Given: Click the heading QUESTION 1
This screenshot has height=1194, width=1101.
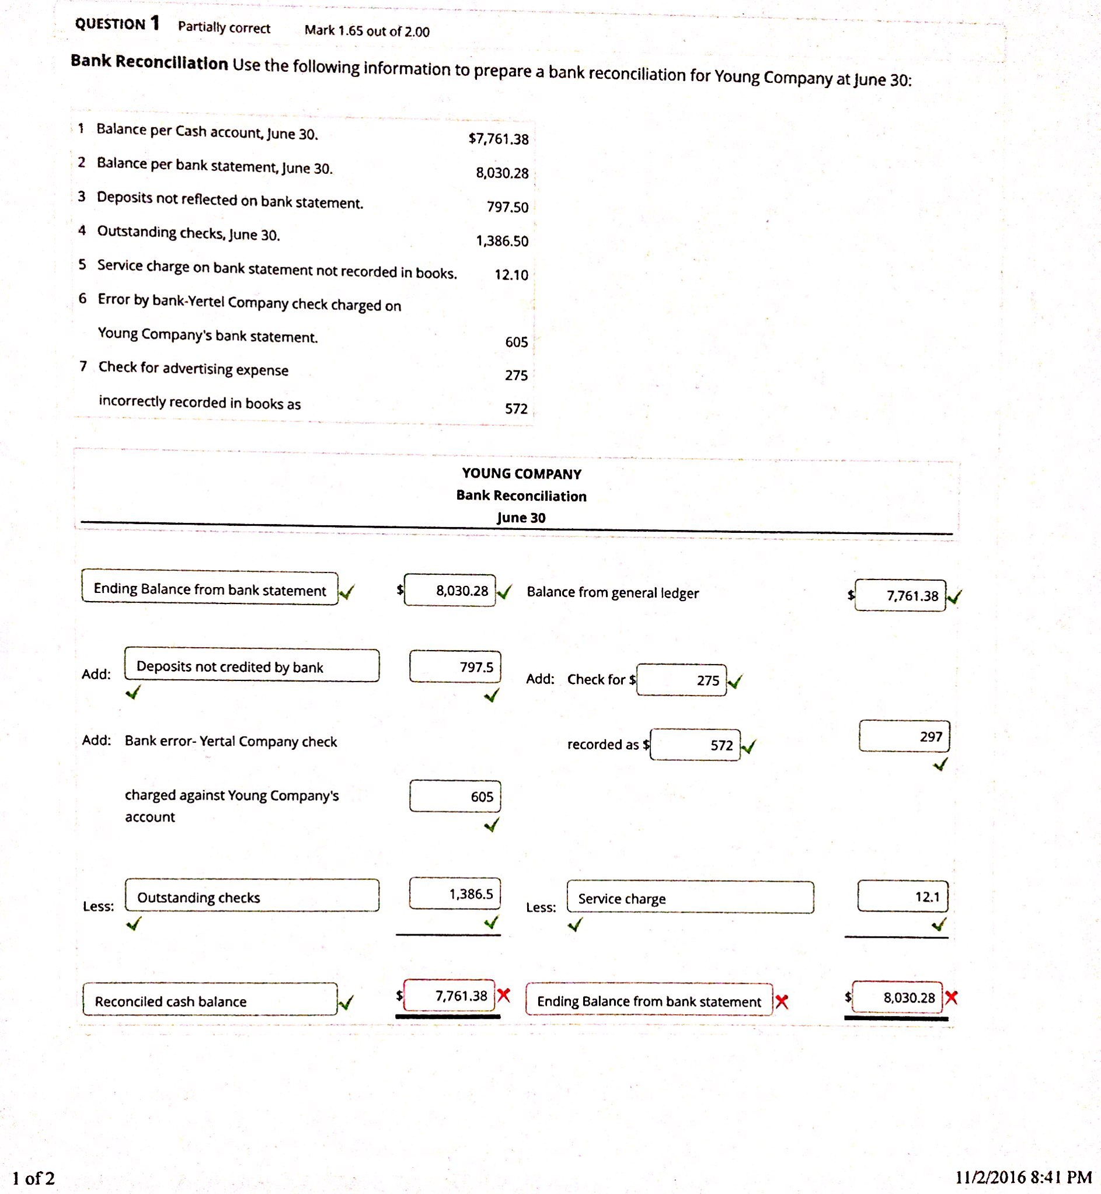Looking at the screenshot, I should pos(117,24).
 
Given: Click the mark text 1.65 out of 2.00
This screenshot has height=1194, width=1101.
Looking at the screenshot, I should pos(367,31).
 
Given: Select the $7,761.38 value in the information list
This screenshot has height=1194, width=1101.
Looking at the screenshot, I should pos(499,139).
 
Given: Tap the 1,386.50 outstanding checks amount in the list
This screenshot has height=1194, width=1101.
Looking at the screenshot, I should pos(502,240).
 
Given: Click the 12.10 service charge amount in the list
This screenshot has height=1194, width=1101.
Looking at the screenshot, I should pos(511,274).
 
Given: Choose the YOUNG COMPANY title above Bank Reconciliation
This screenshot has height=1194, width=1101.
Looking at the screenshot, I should pos(521,473).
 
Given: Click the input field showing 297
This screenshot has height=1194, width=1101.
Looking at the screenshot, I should pos(904,736).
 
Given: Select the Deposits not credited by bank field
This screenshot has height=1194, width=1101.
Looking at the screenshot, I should pos(252,666).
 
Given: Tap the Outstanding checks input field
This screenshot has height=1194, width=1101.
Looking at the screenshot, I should pos(252,896).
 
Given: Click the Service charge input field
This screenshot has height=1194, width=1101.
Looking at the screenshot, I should pos(690,898).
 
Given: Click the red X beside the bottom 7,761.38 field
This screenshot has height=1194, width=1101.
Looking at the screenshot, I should pos(504,994).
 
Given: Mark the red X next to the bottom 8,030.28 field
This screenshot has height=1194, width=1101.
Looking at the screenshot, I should pos(952,997).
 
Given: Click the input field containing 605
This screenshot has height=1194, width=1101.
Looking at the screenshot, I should pos(455,796).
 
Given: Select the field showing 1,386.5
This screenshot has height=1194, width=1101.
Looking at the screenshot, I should pos(455,893).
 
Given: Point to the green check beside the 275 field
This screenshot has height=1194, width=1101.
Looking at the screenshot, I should pos(735,681).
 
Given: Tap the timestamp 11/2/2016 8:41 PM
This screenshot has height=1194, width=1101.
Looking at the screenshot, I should pos(1023,1176).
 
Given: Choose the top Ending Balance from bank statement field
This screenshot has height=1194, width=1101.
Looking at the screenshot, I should pos(210,588).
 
